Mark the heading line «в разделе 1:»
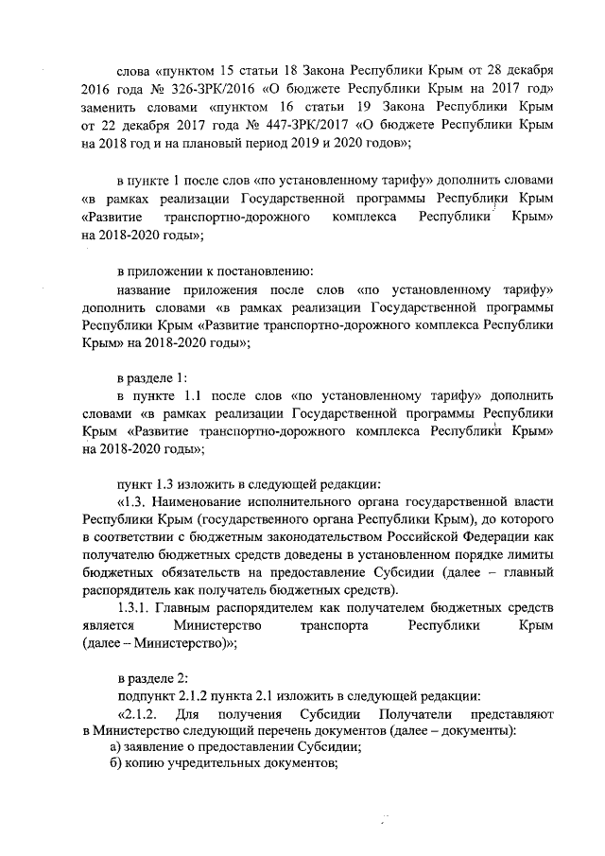point(151,376)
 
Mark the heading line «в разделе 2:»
point(152,679)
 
